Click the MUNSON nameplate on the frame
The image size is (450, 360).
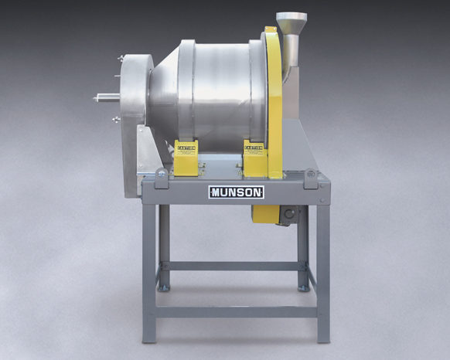[x=235, y=192]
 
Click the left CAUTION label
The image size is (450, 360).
[x=186, y=146]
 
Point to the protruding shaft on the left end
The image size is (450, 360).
[x=105, y=98]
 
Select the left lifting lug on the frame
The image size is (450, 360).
[x=160, y=174]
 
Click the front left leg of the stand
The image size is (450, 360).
[x=149, y=270]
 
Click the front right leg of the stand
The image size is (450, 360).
[x=322, y=270]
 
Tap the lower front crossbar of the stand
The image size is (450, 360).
[x=236, y=312]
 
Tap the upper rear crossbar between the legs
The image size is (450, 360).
[x=236, y=265]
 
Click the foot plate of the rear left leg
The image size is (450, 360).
[x=164, y=288]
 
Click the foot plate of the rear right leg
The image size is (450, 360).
[x=304, y=288]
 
